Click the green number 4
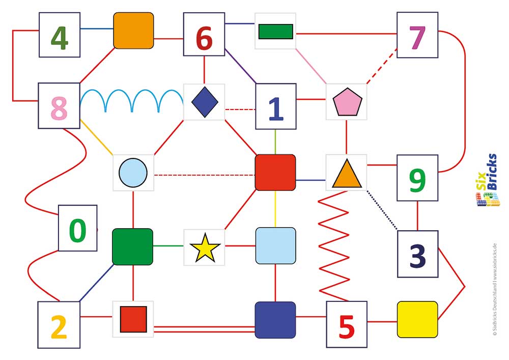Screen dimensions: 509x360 pos(60,38)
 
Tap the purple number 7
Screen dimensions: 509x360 pos(417,38)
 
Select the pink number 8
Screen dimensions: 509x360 pos(59,108)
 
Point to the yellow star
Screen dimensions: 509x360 pos(205,248)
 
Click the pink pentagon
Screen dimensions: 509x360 pos(347,102)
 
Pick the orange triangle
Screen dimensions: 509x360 pos(347,174)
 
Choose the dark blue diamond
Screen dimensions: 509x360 pos(205,102)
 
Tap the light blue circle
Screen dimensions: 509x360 pos(133,173)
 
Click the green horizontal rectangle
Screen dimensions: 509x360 pos(276,32)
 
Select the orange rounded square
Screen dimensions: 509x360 pos(133,31)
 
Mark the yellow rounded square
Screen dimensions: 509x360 pos(417,320)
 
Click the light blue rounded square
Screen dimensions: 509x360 pos(275,246)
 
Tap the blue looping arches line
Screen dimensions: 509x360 pos(132,101)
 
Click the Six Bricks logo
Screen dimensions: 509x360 pos(488,180)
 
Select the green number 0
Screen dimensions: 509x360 pos(77,230)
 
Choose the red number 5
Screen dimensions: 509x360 pos(347,326)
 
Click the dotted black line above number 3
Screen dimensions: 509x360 pos(382,210)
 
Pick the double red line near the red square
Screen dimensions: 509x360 pos(205,329)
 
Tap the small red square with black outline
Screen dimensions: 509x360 pos(133,319)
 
